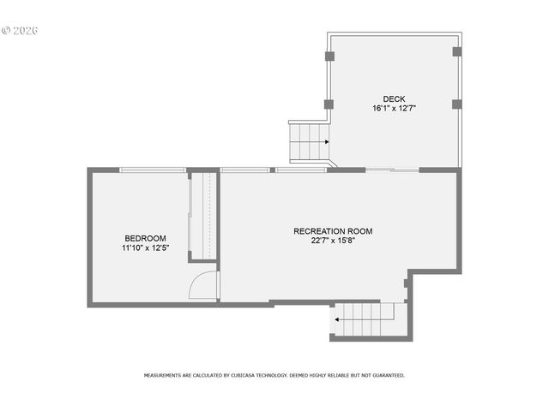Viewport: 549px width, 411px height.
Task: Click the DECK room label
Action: tap(394, 98)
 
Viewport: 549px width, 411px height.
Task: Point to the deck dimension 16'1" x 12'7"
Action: tap(394, 109)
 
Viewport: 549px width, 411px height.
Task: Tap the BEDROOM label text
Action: tap(145, 238)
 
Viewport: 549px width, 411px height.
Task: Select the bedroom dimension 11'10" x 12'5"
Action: tap(145, 248)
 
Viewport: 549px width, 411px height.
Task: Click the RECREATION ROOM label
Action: tap(333, 231)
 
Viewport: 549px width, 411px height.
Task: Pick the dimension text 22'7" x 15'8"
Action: tap(333, 241)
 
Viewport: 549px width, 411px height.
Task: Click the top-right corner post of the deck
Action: tap(456, 51)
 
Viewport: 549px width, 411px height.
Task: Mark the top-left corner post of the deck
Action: tap(329, 57)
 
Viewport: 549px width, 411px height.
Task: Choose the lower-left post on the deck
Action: tap(329, 104)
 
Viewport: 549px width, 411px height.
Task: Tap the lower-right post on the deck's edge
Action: tap(456, 104)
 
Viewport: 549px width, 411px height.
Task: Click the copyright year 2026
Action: tap(26, 30)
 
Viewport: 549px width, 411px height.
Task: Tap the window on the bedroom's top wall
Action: tap(153, 170)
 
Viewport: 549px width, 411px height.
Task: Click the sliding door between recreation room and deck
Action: tap(392, 170)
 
